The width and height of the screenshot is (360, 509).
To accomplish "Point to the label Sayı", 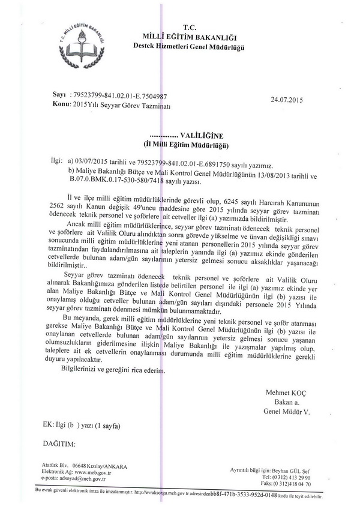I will (59, 95).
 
